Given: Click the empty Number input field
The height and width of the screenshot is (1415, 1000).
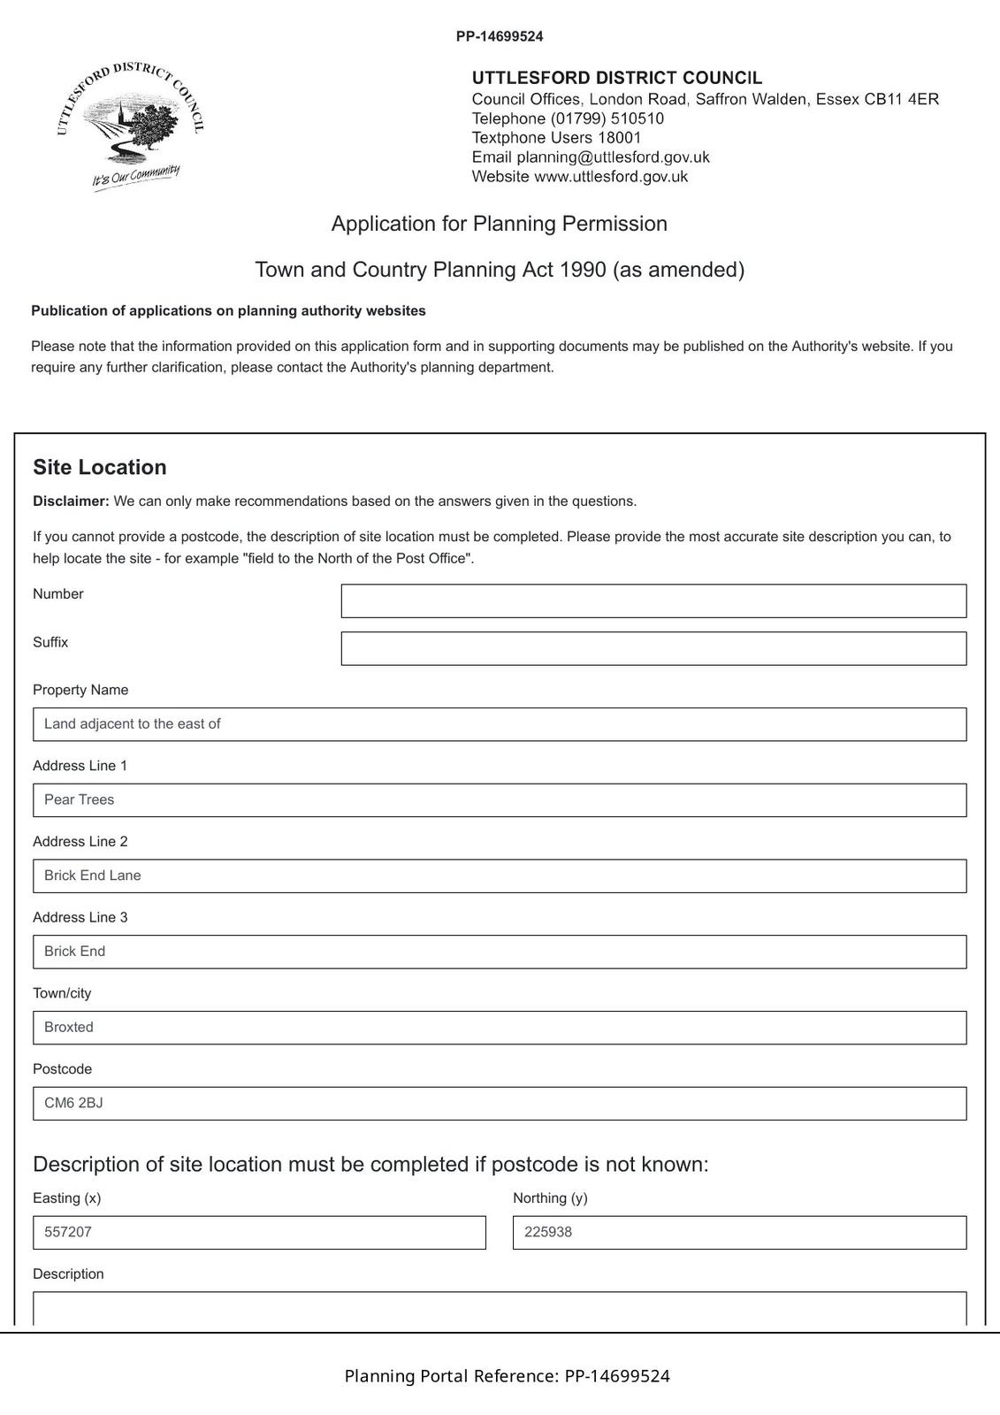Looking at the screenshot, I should pyautogui.click(x=653, y=600).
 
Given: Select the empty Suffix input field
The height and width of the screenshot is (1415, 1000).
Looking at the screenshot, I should pyautogui.click(x=653, y=648).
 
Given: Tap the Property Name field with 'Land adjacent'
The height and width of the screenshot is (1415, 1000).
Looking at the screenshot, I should pyautogui.click(x=499, y=724).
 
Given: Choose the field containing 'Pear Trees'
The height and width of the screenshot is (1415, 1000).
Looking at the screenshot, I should pyautogui.click(x=499, y=800).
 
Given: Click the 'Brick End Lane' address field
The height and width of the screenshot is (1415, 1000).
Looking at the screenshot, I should pyautogui.click(x=499, y=876).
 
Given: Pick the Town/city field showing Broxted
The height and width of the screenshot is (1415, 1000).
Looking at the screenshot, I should pyautogui.click(x=499, y=1028).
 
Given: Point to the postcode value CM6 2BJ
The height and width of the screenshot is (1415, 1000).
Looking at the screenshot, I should pyautogui.click(x=74, y=1104).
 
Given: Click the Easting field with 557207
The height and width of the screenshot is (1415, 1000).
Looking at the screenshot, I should pyautogui.click(x=259, y=1233).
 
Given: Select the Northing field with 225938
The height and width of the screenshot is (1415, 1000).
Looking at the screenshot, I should pyautogui.click(x=739, y=1233).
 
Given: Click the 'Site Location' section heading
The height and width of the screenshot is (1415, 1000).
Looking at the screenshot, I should pyautogui.click(x=100, y=468).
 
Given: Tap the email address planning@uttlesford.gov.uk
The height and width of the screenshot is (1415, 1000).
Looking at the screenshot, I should pyautogui.click(x=613, y=157).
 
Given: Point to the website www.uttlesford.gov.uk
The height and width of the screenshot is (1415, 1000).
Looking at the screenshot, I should pyautogui.click(x=611, y=177).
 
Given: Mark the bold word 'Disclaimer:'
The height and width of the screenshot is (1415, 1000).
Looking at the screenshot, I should pyautogui.click(x=71, y=501).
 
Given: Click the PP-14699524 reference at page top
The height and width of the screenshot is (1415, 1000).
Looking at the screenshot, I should pyautogui.click(x=500, y=37).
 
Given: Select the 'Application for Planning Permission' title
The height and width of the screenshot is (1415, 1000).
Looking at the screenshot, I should pyautogui.click(x=500, y=224).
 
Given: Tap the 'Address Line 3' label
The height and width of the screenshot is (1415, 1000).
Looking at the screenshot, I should pyautogui.click(x=80, y=918).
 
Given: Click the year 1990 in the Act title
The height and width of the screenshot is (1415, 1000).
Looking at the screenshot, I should pyautogui.click(x=583, y=270).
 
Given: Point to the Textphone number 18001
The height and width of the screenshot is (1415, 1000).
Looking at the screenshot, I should pyautogui.click(x=620, y=138).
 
